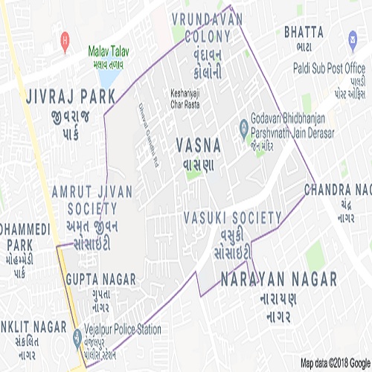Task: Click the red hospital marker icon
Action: point(66,37)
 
